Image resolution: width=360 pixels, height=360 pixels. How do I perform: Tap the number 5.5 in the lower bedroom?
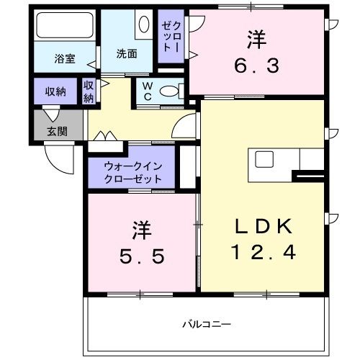point(141,255)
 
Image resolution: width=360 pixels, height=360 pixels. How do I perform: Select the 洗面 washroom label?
point(127,53)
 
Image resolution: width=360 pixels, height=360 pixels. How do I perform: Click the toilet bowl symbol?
point(170,91)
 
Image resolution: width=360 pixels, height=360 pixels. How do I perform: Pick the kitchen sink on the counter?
point(263,158)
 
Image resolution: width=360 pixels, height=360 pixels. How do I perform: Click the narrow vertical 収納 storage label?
point(89,91)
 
